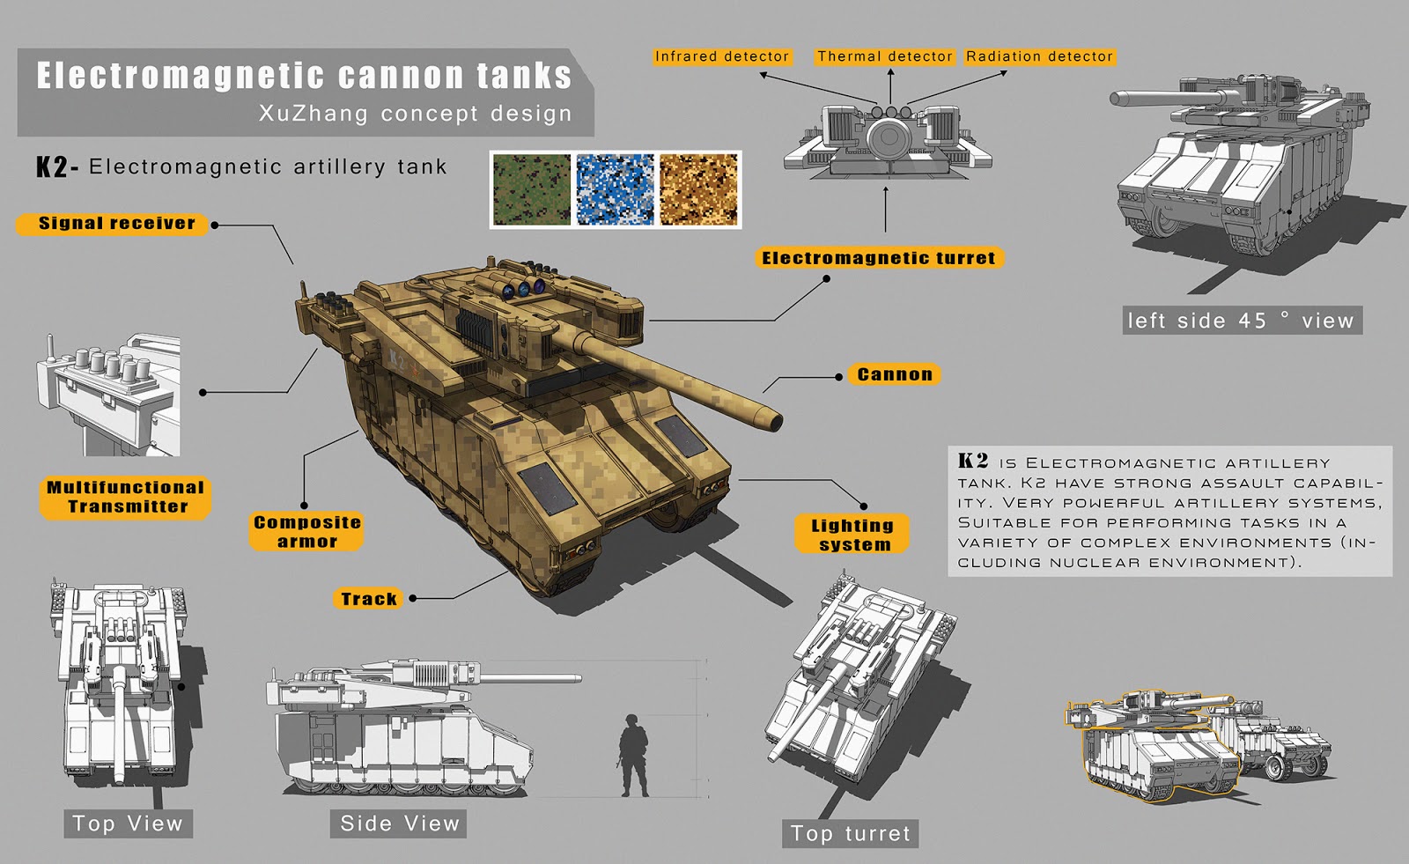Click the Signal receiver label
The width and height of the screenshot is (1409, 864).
click(x=116, y=224)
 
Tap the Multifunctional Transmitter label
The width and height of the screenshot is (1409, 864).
click(x=126, y=498)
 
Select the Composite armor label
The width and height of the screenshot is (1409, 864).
click(x=306, y=532)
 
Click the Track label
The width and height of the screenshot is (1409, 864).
click(x=368, y=599)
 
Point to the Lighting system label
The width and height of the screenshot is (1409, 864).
click(x=852, y=535)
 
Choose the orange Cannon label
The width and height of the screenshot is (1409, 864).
click(x=894, y=374)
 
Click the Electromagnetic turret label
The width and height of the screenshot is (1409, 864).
click(x=878, y=258)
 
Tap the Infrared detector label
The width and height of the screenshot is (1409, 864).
click(x=721, y=56)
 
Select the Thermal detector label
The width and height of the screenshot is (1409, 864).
click(x=884, y=56)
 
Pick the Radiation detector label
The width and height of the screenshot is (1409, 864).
click(x=1039, y=56)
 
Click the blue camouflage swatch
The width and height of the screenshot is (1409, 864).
click(x=615, y=189)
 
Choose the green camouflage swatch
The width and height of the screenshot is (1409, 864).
click(x=531, y=189)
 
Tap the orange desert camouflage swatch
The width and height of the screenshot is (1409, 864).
click(x=698, y=189)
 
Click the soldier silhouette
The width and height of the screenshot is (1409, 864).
click(x=632, y=756)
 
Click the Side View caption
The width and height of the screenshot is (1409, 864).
click(x=400, y=823)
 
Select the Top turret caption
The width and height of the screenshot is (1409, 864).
click(x=850, y=833)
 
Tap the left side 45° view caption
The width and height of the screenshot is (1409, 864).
click(x=1243, y=321)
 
